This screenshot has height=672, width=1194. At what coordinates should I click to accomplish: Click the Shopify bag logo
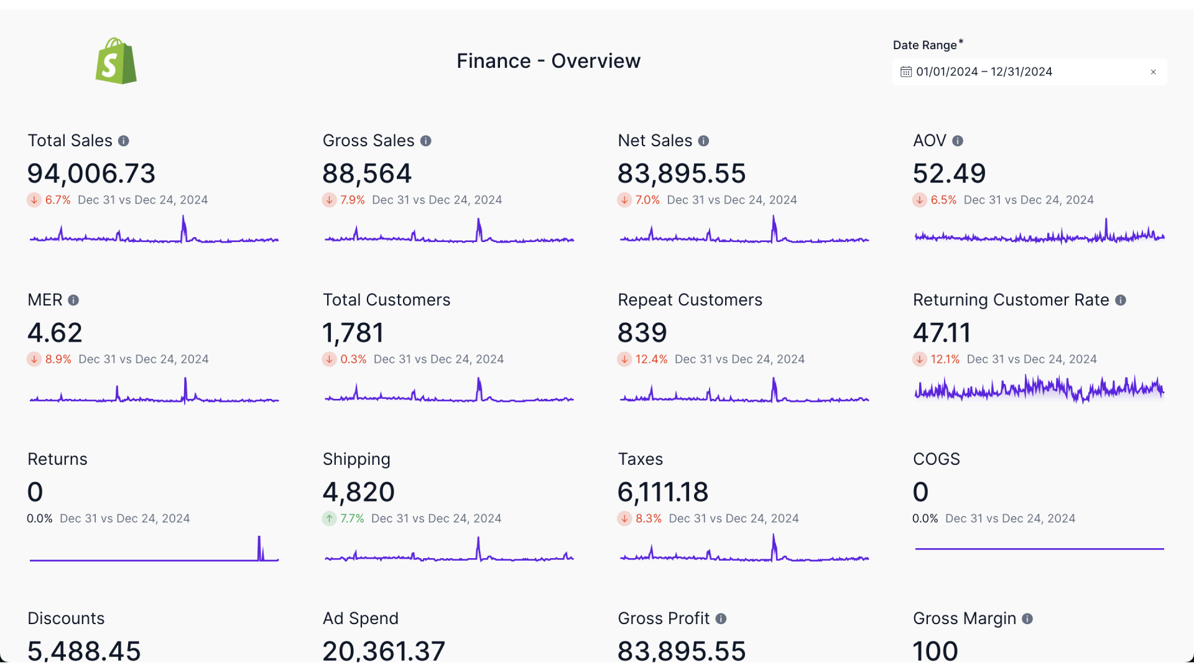(x=116, y=61)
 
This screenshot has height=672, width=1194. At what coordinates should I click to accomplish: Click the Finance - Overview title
(x=548, y=61)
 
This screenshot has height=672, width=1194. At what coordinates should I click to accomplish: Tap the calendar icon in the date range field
(x=906, y=72)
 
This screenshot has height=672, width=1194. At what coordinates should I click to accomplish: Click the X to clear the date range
(x=1153, y=72)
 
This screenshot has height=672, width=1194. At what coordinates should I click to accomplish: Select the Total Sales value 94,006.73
(x=91, y=174)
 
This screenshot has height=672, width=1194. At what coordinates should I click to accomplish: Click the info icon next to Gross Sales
(x=426, y=141)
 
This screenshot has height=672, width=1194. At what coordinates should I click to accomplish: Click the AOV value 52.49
(x=949, y=174)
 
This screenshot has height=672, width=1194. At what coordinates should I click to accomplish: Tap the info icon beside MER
(x=73, y=301)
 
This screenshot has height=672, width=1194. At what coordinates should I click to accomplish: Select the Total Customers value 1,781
(x=353, y=333)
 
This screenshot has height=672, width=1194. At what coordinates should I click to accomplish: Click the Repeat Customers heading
(x=690, y=300)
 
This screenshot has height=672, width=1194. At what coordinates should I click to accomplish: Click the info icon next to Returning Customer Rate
(x=1121, y=301)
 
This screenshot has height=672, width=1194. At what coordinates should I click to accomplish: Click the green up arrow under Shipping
(x=329, y=518)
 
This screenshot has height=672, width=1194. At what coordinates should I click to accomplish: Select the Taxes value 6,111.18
(x=662, y=492)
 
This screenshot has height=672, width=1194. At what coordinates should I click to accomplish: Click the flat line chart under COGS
(x=1039, y=549)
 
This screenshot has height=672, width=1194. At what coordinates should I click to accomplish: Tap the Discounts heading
(x=66, y=618)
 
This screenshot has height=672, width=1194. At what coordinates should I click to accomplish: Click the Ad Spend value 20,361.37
(x=384, y=651)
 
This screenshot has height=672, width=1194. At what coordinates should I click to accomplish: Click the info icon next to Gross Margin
(x=1027, y=619)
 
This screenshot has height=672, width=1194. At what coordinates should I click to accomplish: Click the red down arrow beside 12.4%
(x=624, y=360)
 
